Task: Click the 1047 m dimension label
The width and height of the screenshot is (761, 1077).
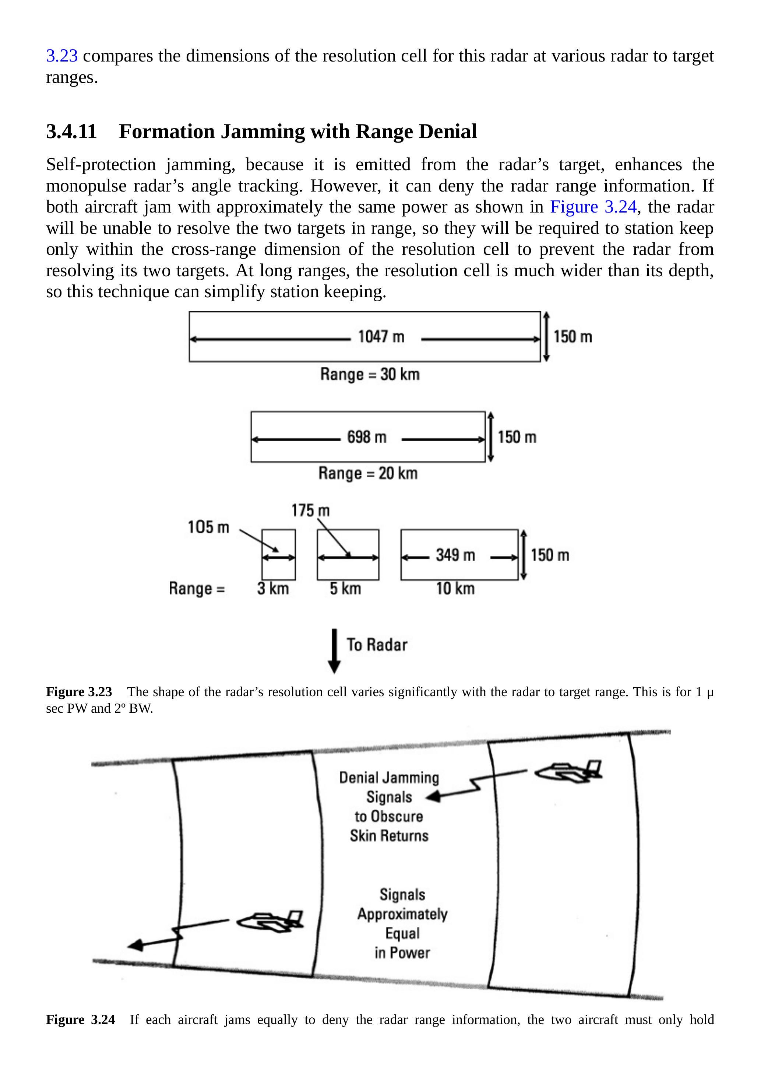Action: [x=381, y=337]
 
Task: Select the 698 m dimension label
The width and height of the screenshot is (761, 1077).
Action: [x=367, y=437]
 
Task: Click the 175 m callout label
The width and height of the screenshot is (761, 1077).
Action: [x=310, y=511]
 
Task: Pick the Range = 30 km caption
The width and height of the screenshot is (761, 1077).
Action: [x=370, y=374]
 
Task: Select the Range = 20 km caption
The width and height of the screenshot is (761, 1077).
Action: [x=367, y=473]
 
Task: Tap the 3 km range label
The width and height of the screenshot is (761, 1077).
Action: [x=273, y=588]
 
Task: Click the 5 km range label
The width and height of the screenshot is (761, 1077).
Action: [x=345, y=588]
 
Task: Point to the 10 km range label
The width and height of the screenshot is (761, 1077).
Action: [x=455, y=588]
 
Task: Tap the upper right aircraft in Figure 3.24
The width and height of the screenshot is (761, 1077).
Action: [x=568, y=772]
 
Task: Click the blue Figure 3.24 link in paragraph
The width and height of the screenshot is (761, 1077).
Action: [x=593, y=207]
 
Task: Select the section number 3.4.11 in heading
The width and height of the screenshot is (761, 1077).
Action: [x=71, y=131]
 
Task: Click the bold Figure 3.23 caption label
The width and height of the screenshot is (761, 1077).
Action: [x=79, y=692]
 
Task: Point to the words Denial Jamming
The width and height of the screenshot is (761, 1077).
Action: [x=389, y=778]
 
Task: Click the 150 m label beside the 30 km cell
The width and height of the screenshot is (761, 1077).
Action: [x=572, y=337]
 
